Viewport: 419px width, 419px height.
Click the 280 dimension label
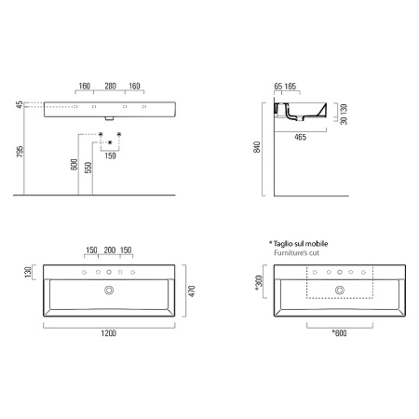click(110, 87)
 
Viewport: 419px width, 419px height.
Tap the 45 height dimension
click(19, 105)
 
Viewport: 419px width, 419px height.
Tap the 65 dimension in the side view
click(279, 87)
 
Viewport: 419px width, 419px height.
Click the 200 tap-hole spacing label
click(110, 250)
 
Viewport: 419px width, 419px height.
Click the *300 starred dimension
click(259, 282)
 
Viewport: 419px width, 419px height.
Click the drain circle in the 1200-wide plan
click(110, 291)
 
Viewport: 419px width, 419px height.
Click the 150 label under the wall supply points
click(110, 155)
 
